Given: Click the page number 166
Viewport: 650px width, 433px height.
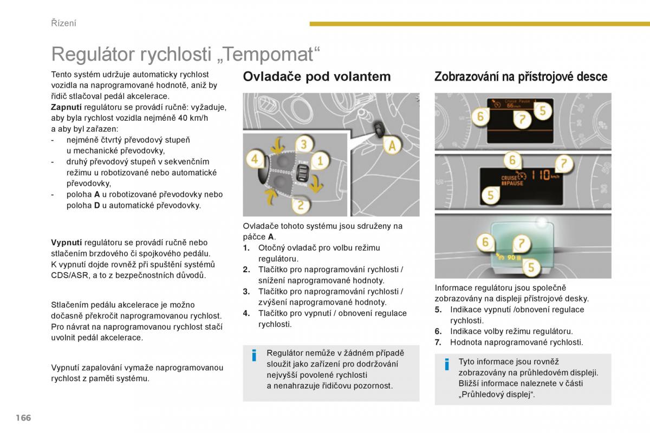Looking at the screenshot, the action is pos(23,418).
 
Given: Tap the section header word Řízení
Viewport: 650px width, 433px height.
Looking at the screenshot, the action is pos(63,23).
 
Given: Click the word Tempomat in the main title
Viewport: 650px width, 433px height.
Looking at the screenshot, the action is pos(269,54).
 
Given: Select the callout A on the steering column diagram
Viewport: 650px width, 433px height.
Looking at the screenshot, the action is pos(392,146).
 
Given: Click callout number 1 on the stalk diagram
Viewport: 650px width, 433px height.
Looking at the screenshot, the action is pos(320,160).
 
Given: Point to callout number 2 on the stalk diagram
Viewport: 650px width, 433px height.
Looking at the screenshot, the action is pos(301,205).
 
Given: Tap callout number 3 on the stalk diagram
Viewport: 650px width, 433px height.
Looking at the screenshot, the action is pos(304,144).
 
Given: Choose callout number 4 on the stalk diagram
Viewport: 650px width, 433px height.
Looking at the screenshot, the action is pos(255,159).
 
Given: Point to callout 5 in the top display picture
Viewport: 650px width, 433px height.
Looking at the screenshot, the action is pos(542,110).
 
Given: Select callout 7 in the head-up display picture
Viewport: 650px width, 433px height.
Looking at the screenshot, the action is pos(522,243).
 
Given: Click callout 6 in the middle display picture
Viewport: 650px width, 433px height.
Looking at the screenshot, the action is pos(512,160).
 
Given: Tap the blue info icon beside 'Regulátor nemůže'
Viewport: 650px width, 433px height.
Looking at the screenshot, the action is pos(254,355).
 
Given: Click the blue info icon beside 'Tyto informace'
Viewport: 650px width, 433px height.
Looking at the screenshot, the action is pos(447,364).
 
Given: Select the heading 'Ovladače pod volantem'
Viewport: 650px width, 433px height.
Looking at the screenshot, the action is pos(317,76).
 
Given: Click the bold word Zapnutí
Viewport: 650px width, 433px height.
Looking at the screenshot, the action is pos(67,107).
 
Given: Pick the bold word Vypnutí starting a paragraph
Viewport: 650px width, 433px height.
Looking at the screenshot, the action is pos(67,242).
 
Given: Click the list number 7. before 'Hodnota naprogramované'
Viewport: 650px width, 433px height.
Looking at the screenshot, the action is pos(438,342).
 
